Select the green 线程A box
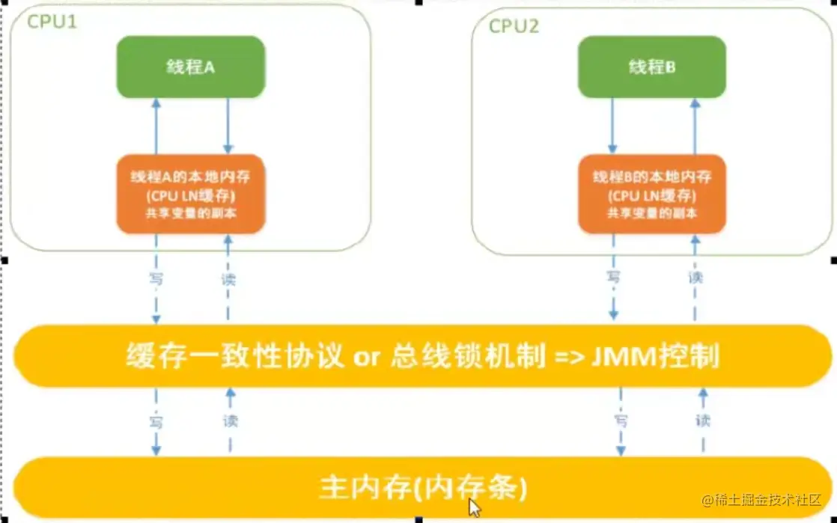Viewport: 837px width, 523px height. pyautogui.click(x=190, y=66)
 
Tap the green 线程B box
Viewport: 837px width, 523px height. pyautogui.click(x=651, y=66)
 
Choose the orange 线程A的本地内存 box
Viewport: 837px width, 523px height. pyautogui.click(x=191, y=194)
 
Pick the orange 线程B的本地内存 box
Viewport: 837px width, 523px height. pyautogui.click(x=651, y=194)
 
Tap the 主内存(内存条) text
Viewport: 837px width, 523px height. pyautogui.click(x=423, y=488)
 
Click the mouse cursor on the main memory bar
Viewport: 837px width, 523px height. pyautogui.click(x=474, y=507)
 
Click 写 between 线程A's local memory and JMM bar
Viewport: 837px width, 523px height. pyautogui.click(x=156, y=279)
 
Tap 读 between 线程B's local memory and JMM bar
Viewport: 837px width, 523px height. pyautogui.click(x=696, y=278)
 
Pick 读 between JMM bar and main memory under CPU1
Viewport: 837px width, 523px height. pyautogui.click(x=230, y=421)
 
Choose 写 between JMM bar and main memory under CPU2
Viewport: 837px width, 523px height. pyautogui.click(x=620, y=421)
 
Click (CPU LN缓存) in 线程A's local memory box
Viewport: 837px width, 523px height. pyautogui.click(x=191, y=196)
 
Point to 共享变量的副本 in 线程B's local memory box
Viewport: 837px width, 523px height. pyautogui.click(x=651, y=212)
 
